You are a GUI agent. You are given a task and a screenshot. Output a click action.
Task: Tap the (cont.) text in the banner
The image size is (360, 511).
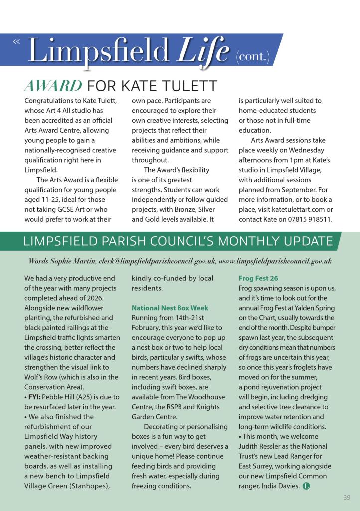click(252, 58)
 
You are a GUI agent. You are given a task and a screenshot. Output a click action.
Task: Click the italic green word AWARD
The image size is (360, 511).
click(53, 86)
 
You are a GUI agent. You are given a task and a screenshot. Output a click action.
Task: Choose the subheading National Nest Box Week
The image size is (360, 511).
click(170, 308)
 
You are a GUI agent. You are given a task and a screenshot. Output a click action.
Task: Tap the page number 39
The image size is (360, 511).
click(347, 497)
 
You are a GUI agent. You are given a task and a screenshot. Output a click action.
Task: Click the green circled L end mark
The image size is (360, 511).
click(306, 486)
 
